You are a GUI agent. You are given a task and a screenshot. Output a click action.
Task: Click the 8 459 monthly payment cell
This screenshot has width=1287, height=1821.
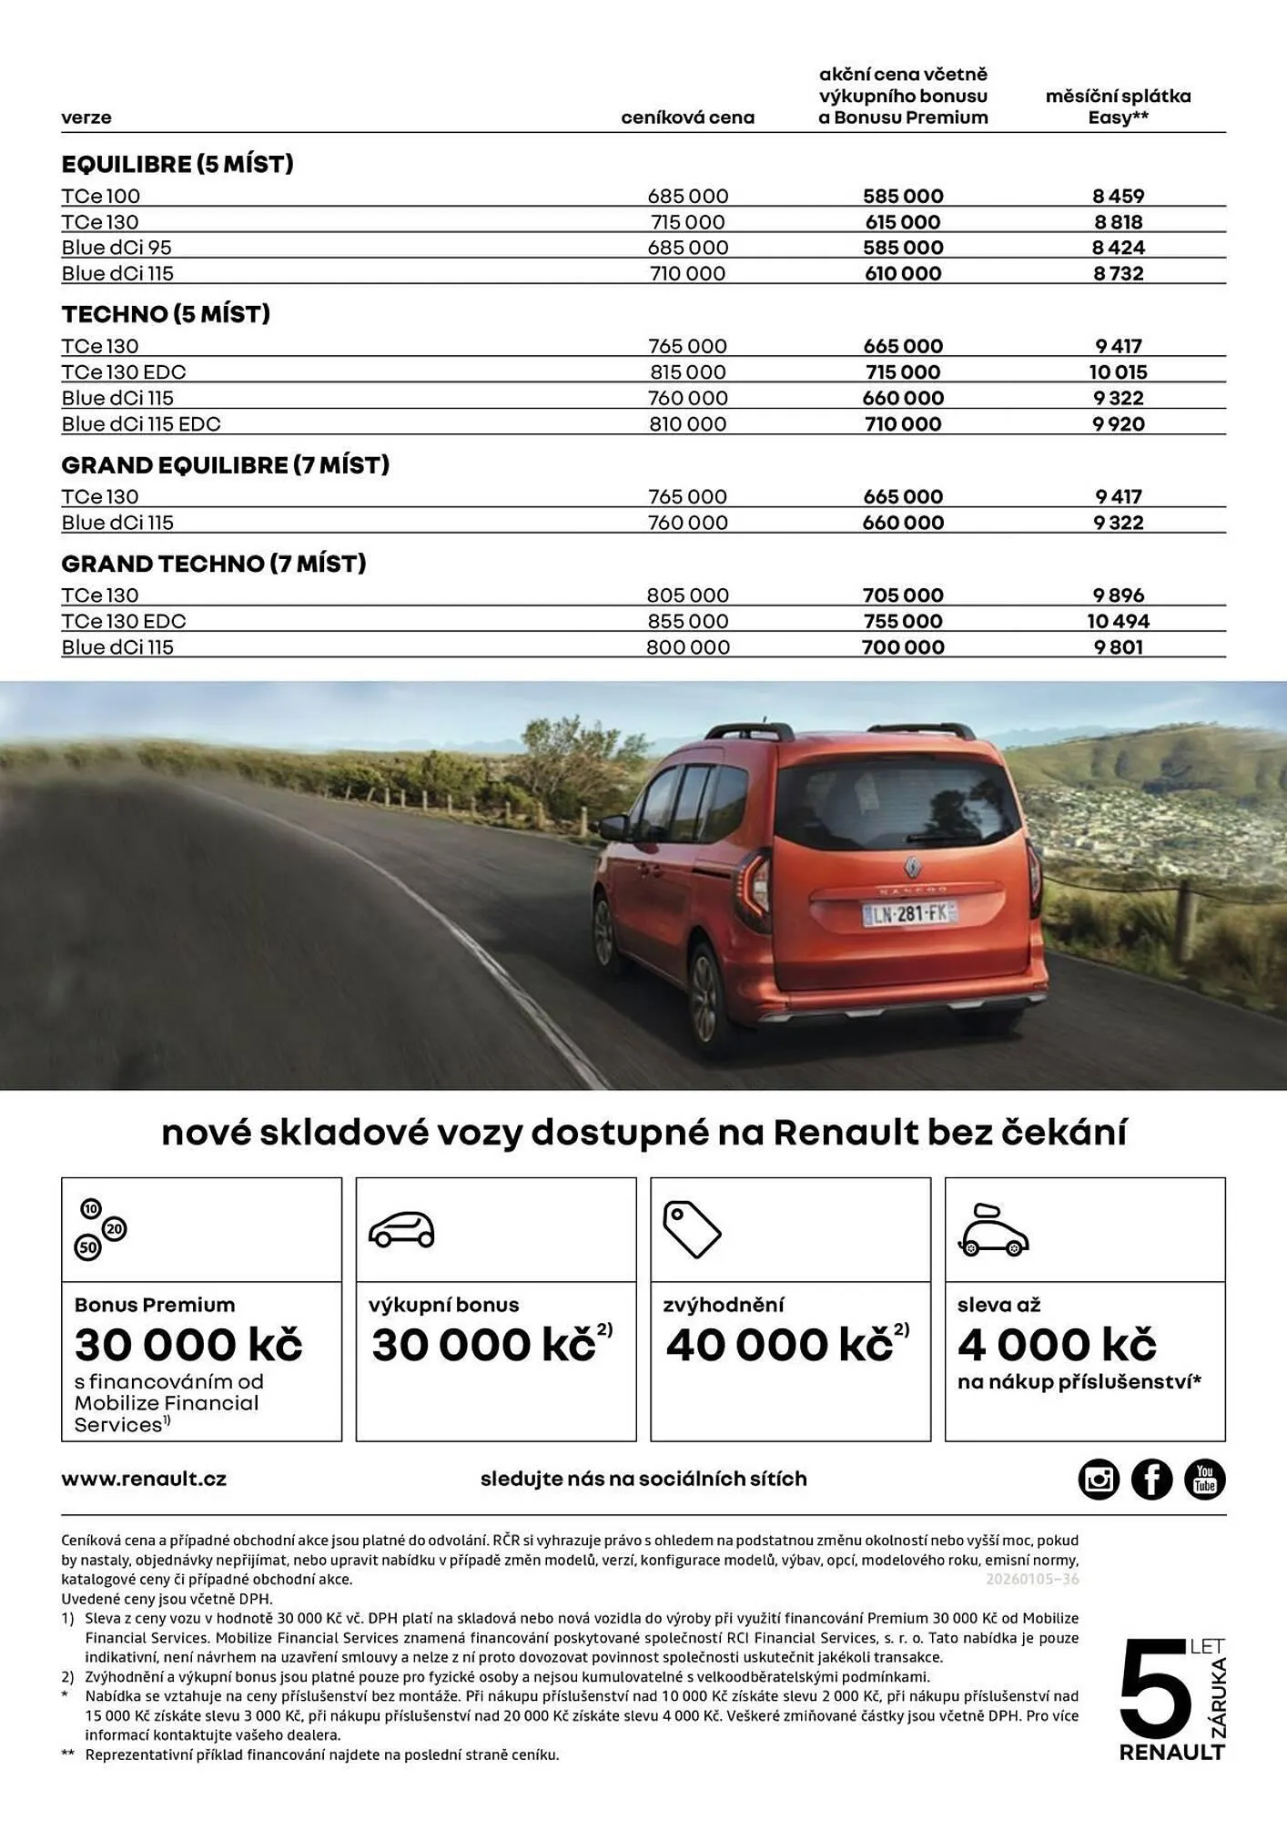coord(1118,196)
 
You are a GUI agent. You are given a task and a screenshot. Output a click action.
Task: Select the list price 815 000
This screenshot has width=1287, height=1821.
coord(687,371)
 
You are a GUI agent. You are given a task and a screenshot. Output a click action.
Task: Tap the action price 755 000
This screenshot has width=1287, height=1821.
coord(902,621)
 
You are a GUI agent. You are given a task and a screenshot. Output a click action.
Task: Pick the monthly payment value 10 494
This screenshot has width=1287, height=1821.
coord(1118,621)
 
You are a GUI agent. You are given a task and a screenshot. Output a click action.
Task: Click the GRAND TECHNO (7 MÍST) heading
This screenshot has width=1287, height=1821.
coord(214,564)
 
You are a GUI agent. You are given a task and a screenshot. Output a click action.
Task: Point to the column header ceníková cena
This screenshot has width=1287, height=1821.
coord(687,117)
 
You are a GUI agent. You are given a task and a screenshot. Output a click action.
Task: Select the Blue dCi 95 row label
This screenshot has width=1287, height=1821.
coord(117,248)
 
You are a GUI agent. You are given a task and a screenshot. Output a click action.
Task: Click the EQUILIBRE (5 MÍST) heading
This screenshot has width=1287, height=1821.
coord(177,164)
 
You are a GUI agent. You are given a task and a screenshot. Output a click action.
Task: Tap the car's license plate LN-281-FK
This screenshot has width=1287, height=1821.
coord(909,913)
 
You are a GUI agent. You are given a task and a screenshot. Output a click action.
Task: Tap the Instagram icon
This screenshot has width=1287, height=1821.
coord(1099,1479)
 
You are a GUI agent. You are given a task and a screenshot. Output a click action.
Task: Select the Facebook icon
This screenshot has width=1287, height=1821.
coord(1151,1479)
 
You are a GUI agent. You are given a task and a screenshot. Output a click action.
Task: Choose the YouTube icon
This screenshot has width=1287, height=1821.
coord(1204,1479)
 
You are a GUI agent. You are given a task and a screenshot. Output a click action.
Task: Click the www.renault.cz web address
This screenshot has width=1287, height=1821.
coord(144,1479)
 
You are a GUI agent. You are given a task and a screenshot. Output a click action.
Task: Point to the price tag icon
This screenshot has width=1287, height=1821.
coord(691,1229)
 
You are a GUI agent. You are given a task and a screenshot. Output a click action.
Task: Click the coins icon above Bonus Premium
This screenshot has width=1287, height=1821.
coord(100,1229)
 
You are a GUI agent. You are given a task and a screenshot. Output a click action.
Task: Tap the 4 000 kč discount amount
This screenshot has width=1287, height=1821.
coord(1056,1345)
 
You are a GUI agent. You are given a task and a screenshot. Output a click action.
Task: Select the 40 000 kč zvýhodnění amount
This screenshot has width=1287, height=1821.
coord(779,1345)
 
